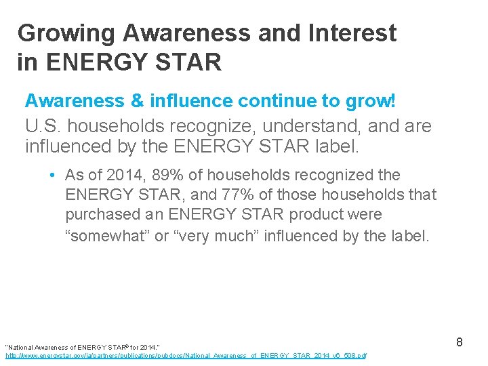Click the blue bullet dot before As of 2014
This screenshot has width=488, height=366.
click(x=52, y=176)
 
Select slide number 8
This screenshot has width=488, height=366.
click(x=459, y=342)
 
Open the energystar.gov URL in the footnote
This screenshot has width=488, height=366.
click(x=186, y=355)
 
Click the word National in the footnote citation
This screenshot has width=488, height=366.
click(x=23, y=346)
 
